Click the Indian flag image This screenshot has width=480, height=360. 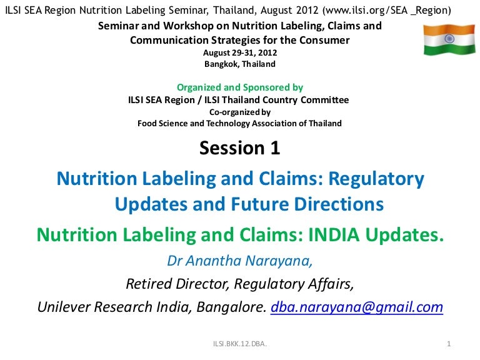tap(449, 40)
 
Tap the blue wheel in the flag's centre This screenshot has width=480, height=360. tap(449, 39)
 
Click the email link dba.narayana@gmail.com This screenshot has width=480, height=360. tap(357, 307)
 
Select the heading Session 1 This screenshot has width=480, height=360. tap(240, 148)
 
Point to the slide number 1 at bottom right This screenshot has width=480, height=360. tap(449, 344)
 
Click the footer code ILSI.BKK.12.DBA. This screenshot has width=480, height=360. tap(240, 344)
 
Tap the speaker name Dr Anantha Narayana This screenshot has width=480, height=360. tap(239, 261)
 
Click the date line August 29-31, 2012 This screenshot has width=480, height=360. tap(240, 52)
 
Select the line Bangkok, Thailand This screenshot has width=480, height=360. tap(240, 64)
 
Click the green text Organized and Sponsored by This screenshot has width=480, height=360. tap(240, 87)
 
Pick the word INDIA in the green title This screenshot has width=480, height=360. tap(334, 235)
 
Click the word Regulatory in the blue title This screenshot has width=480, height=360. tap(376, 179)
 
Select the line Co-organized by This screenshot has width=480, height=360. tap(240, 112)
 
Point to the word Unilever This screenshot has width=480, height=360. tap(64, 307)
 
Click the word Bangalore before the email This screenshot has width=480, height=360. tap(231, 307)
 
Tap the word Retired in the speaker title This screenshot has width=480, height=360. tap(149, 284)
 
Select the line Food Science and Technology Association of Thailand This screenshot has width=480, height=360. tap(240, 123)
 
